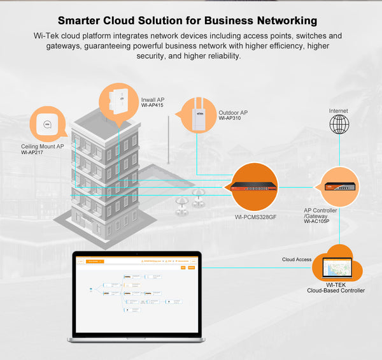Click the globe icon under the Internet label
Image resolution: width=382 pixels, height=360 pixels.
[x=339, y=124]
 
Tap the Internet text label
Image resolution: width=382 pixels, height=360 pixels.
[x=339, y=111]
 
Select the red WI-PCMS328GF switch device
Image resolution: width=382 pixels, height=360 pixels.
[x=254, y=187]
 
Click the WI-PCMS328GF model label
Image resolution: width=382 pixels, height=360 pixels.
[x=256, y=217]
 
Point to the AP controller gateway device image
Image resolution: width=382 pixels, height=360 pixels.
[x=338, y=187]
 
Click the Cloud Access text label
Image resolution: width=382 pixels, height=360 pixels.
[x=297, y=260]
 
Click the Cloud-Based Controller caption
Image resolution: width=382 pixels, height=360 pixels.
[x=336, y=291]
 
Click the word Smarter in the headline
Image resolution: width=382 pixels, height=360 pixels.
[x=84, y=21]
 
